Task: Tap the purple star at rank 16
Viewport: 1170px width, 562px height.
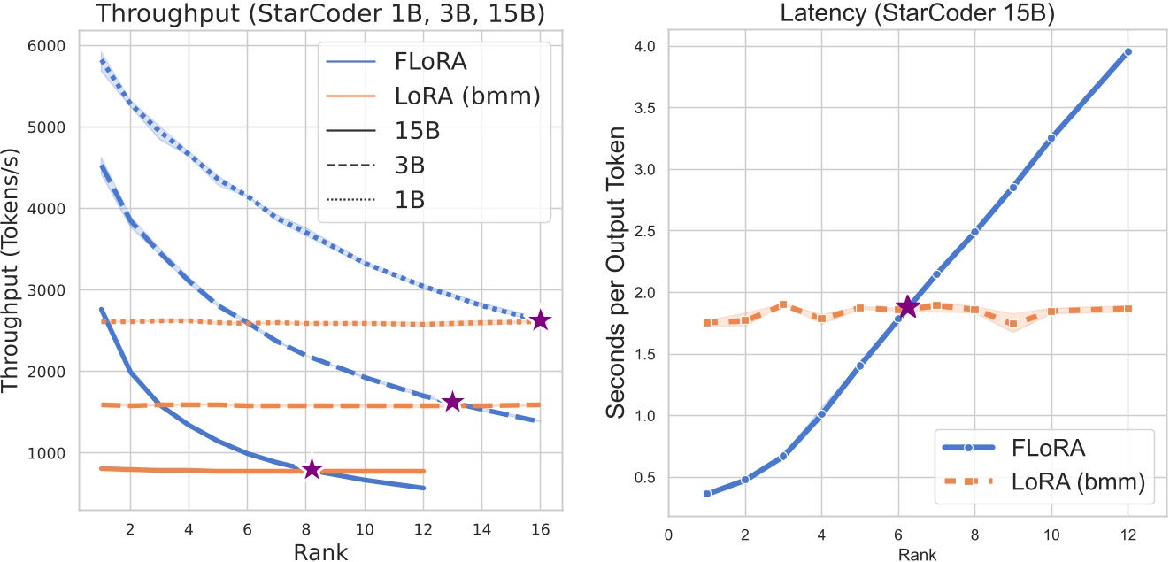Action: pos(540,321)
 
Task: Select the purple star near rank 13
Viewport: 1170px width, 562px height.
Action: pos(452,402)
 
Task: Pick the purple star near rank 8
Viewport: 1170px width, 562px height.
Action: pos(312,469)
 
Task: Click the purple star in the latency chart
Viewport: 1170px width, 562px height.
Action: pos(907,307)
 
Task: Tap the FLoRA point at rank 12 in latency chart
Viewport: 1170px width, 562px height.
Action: pos(1128,52)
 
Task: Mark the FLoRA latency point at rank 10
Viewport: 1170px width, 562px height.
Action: pos(1051,138)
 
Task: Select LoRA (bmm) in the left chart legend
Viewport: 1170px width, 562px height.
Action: pos(465,95)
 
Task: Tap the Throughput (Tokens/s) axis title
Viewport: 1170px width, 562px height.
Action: pos(15,266)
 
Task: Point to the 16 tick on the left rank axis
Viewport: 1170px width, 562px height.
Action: pos(540,528)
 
